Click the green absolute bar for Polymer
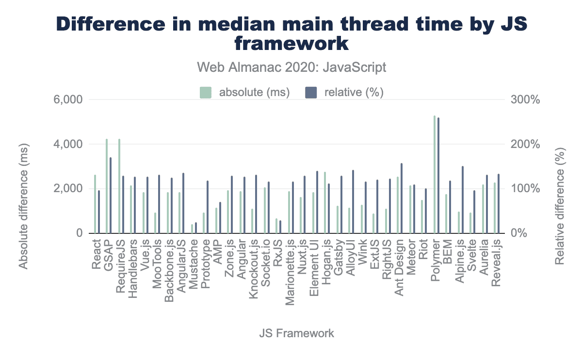click(x=435, y=175)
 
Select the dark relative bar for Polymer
click(x=438, y=176)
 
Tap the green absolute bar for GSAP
click(x=107, y=186)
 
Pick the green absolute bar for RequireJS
click(x=119, y=186)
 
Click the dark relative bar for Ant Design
click(x=402, y=198)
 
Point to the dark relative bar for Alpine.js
click(x=463, y=200)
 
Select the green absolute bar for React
click(x=95, y=204)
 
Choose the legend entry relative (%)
click(x=344, y=93)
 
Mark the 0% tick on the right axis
click(x=519, y=233)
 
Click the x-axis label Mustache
click(x=194, y=261)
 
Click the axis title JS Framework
click(x=296, y=333)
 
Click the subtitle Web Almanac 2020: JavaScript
click(x=291, y=67)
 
